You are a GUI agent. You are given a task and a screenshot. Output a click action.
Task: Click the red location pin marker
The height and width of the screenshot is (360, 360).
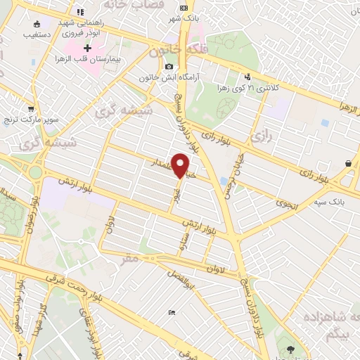pyautogui.click(x=181, y=166)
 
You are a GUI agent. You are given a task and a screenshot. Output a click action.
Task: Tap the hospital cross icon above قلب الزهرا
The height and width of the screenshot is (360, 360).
pyautogui.click(x=87, y=48)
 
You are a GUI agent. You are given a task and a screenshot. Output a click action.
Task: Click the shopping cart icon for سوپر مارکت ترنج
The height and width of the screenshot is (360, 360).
pyautogui.click(x=31, y=109)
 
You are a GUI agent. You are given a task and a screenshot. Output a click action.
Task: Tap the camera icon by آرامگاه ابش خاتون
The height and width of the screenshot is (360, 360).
pyautogui.click(x=169, y=67)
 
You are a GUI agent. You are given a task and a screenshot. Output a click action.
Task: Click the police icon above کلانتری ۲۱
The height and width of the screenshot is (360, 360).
pyautogui.click(x=247, y=77)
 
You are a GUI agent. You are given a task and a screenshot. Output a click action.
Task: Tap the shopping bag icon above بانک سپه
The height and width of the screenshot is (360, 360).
pyautogui.click(x=349, y=163)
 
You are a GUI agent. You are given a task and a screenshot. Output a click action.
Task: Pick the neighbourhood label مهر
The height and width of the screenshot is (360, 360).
pyautogui.click(x=131, y=259)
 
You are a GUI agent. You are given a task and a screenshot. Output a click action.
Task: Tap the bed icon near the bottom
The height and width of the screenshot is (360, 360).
pyautogui.click(x=172, y=311)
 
